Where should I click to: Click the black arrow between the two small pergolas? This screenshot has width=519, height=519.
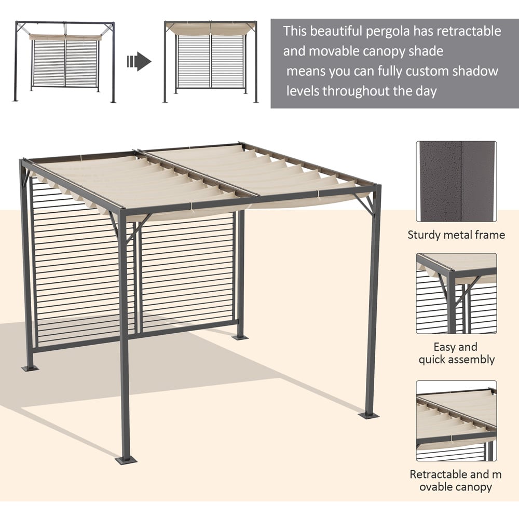(x=139, y=61)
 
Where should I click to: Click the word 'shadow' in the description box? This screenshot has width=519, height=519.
(x=475, y=71)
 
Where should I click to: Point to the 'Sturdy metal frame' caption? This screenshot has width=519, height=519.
(x=456, y=235)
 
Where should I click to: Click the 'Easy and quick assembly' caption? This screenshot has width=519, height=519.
(x=456, y=353)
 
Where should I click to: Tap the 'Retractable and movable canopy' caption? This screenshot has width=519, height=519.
(x=456, y=481)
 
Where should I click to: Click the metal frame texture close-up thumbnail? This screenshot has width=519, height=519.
(x=456, y=181)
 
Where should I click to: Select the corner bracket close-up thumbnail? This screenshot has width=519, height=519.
(x=456, y=294)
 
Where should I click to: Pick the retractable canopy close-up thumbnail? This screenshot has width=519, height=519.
(x=456, y=421)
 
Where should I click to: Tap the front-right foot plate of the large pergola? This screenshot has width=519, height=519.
(x=368, y=415)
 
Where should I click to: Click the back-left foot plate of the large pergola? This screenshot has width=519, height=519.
(x=30, y=368)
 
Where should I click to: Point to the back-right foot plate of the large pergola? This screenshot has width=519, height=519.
(x=240, y=337)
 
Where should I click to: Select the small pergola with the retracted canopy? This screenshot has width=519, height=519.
(x=64, y=62)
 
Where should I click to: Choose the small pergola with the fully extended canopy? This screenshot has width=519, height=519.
(x=210, y=62)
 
